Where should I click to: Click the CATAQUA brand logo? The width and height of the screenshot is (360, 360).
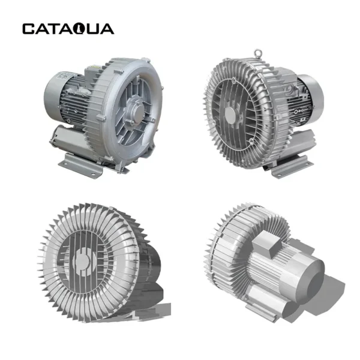[x=68, y=29]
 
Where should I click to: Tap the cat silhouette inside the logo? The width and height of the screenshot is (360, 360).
[x=79, y=29]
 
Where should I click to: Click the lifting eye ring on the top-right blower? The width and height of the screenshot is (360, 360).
[x=258, y=53]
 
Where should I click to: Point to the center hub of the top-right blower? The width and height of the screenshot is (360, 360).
[x=231, y=113]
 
